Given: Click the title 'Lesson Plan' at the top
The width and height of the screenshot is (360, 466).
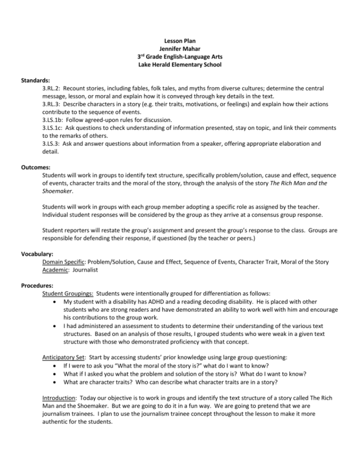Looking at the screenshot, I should [180, 41].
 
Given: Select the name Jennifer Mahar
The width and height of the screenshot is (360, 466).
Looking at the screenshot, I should [180, 49].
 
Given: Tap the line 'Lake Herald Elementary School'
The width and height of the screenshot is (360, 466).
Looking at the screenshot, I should [180, 64].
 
